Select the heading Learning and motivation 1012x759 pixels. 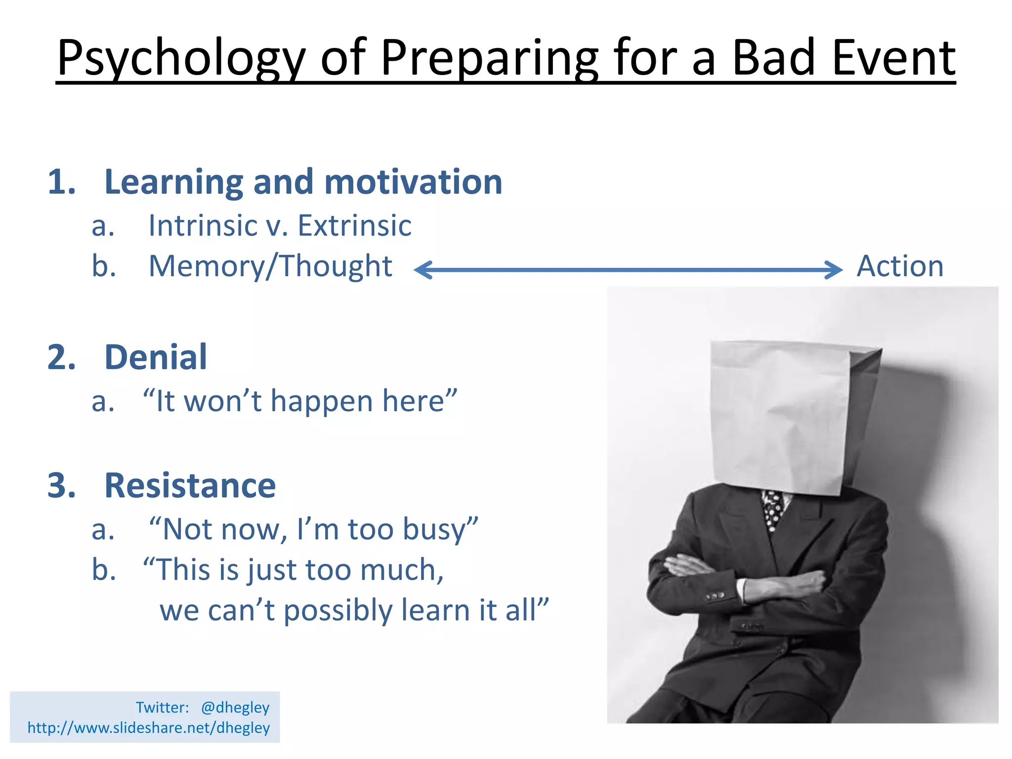point(303,182)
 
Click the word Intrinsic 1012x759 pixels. point(203,226)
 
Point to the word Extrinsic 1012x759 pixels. point(354,226)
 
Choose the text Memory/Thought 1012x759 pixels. point(270,266)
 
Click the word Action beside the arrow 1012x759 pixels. point(899,266)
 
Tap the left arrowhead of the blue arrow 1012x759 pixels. point(423,270)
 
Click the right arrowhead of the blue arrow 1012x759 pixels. point(834,270)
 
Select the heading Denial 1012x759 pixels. point(156,357)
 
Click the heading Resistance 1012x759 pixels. point(190,485)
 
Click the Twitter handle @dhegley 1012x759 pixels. point(235,708)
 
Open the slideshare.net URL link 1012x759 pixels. point(148,728)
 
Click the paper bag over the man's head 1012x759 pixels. point(786,415)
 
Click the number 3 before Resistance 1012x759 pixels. point(61,485)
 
